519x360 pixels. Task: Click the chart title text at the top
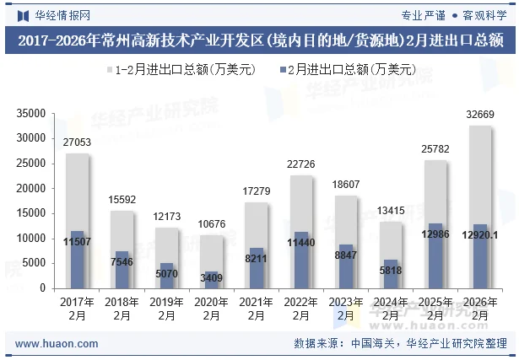(x=259, y=40)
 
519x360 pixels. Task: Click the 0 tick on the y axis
(x=43, y=288)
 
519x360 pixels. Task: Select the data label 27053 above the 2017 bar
(x=77, y=142)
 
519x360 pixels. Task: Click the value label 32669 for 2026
(x=479, y=115)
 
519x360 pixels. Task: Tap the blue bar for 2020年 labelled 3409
(x=211, y=280)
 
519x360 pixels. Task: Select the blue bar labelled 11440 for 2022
(x=300, y=260)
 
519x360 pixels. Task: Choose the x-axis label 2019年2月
(x=166, y=309)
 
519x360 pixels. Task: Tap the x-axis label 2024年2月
(x=390, y=309)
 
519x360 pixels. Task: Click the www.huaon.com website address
(x=57, y=344)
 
